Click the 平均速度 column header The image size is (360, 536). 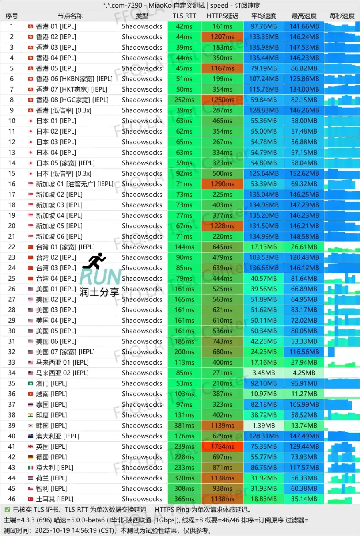coord(264,16)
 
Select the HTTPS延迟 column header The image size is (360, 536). coord(222,16)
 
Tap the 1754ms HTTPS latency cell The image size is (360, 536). coord(222,446)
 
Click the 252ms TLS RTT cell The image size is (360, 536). coord(184,100)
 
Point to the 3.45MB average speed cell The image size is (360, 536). coord(264,373)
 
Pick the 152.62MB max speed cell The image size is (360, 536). coord(304,173)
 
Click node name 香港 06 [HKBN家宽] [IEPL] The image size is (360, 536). coord(74,79)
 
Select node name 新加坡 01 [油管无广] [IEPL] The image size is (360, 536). coord(75,184)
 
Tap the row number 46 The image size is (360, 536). coord(12,499)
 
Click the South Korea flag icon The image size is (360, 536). coord(30,426)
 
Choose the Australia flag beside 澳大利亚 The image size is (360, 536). coord(30,436)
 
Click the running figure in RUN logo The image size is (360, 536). coord(95,261)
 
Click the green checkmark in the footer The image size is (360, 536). coord(7,510)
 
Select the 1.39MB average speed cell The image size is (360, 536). coord(264,426)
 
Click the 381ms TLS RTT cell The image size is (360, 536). coord(184,426)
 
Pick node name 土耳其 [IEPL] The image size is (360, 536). coord(55,499)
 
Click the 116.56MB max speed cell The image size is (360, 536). coord(304,352)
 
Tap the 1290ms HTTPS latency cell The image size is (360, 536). coord(222,184)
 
